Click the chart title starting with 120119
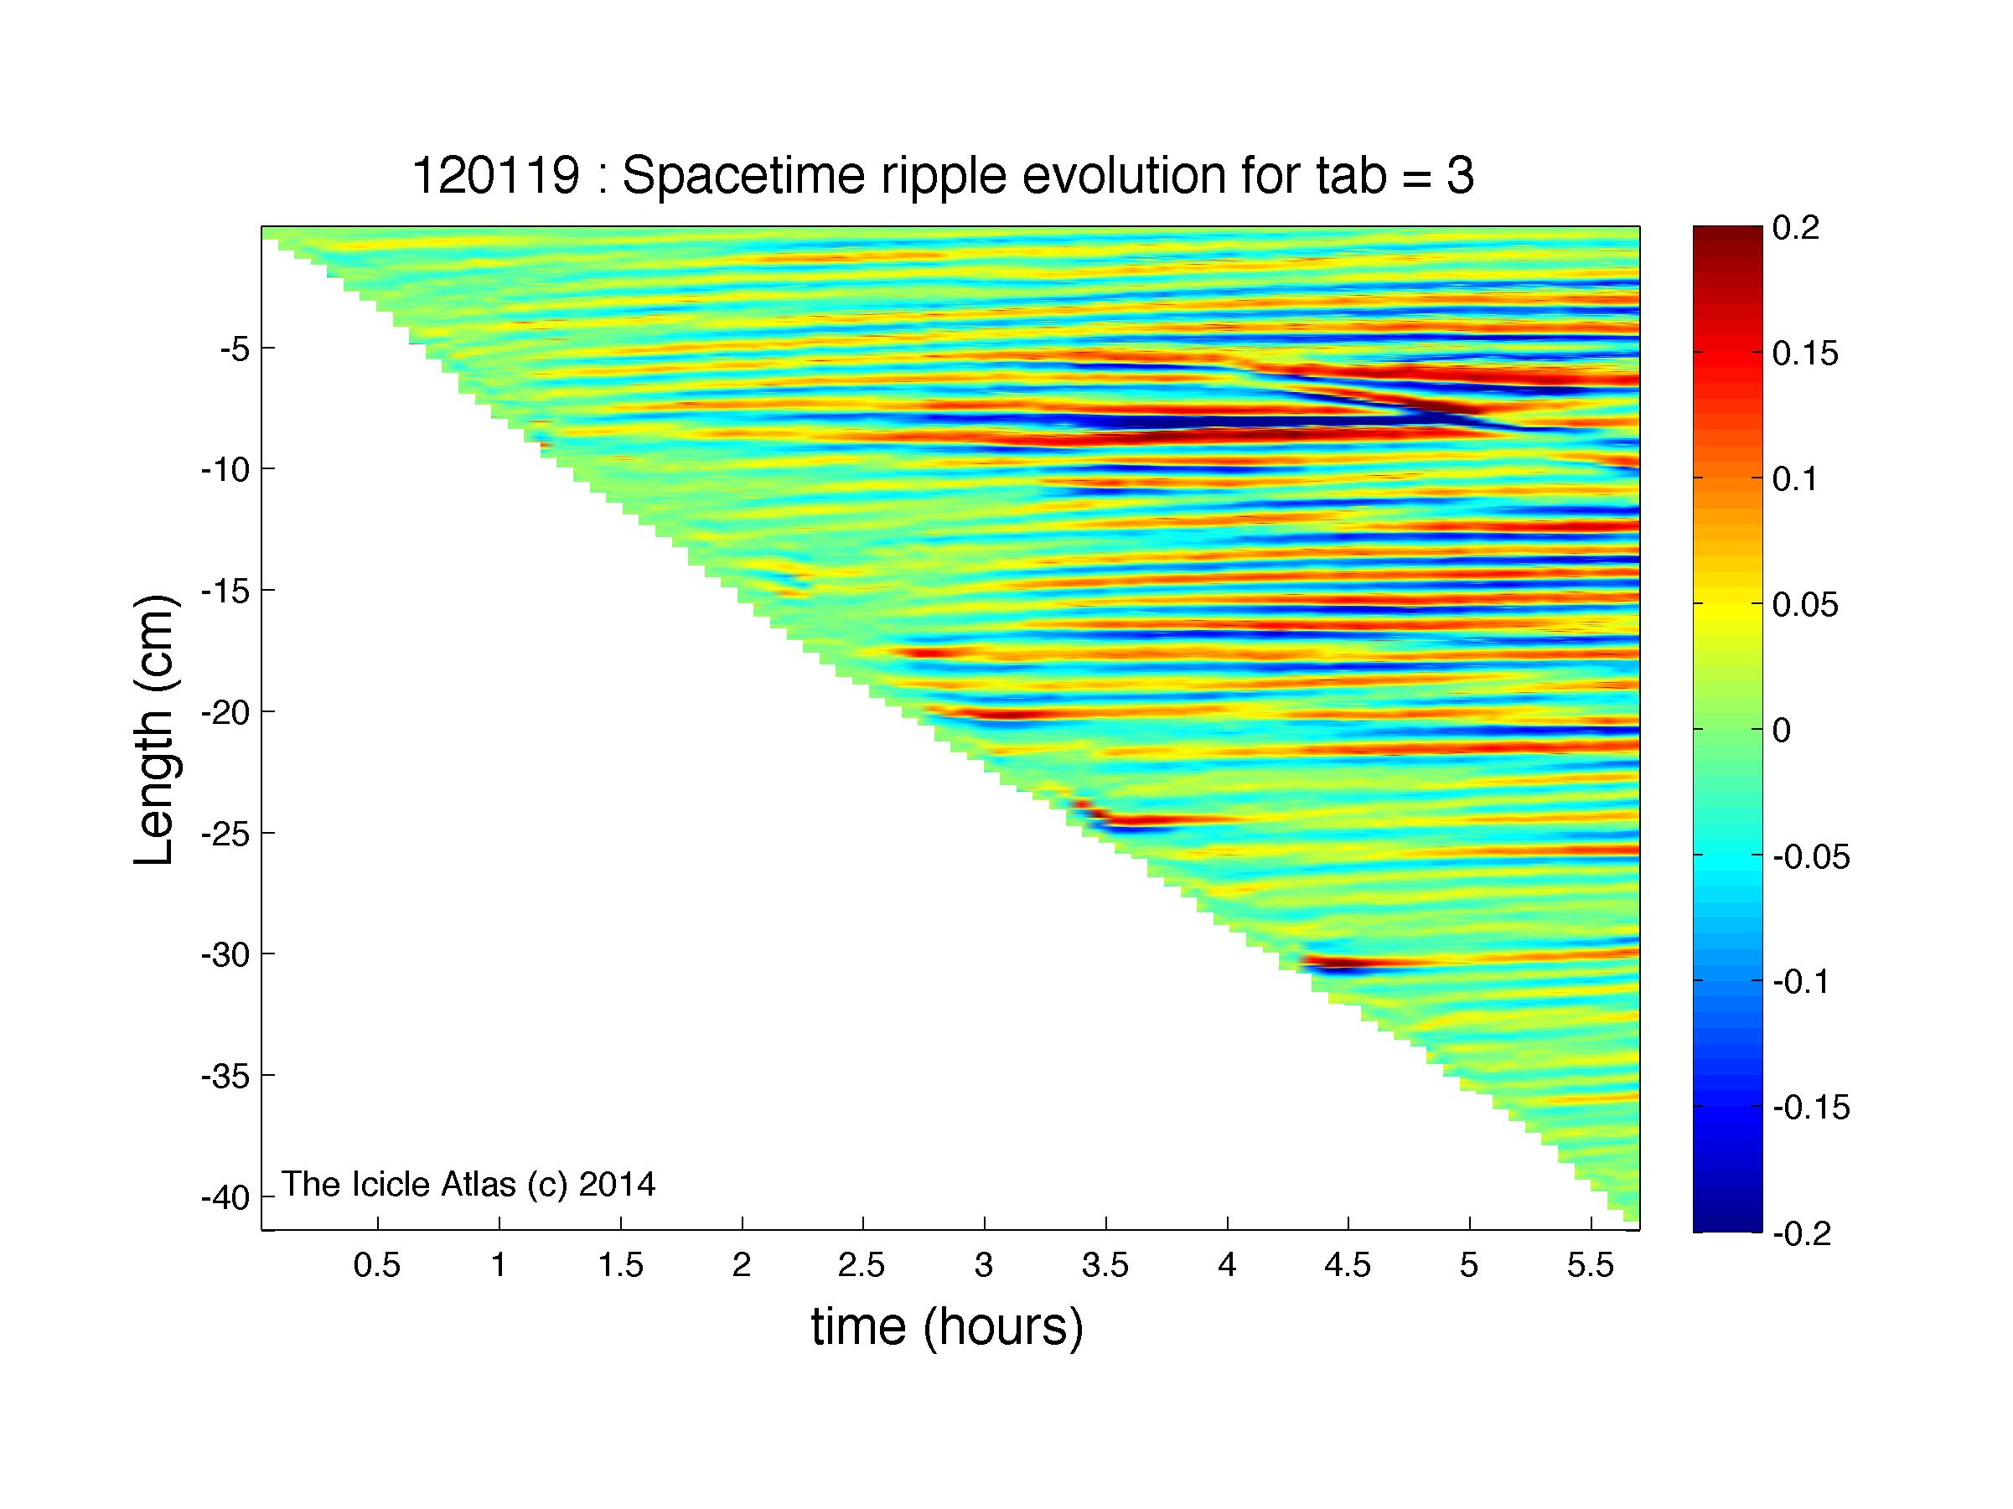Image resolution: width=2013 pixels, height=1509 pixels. tap(943, 176)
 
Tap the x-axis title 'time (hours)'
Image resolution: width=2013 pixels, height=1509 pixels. tap(947, 1327)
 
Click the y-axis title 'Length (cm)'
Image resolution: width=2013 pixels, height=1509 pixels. tap(154, 730)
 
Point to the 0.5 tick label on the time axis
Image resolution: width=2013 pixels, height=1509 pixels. tap(377, 1265)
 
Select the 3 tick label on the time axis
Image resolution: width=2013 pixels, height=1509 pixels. tap(984, 1265)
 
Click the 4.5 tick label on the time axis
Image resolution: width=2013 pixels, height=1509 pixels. tap(1348, 1265)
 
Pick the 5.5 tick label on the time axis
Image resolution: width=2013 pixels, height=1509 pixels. tap(1591, 1265)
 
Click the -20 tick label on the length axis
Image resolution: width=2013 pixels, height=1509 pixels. tap(225, 711)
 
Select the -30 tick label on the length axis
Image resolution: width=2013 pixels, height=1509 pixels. tap(225, 953)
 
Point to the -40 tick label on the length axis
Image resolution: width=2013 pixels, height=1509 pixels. tap(225, 1197)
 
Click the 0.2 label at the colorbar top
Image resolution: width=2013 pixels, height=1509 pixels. tap(1795, 227)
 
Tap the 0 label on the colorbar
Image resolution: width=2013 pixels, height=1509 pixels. tap(1781, 730)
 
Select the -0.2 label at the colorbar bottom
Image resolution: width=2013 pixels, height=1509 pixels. tap(1802, 1233)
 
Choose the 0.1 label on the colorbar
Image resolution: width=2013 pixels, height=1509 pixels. tap(1795, 478)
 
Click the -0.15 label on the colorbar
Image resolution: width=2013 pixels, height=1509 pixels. tap(1811, 1108)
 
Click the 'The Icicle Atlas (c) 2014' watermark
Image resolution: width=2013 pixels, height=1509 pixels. tap(468, 1184)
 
